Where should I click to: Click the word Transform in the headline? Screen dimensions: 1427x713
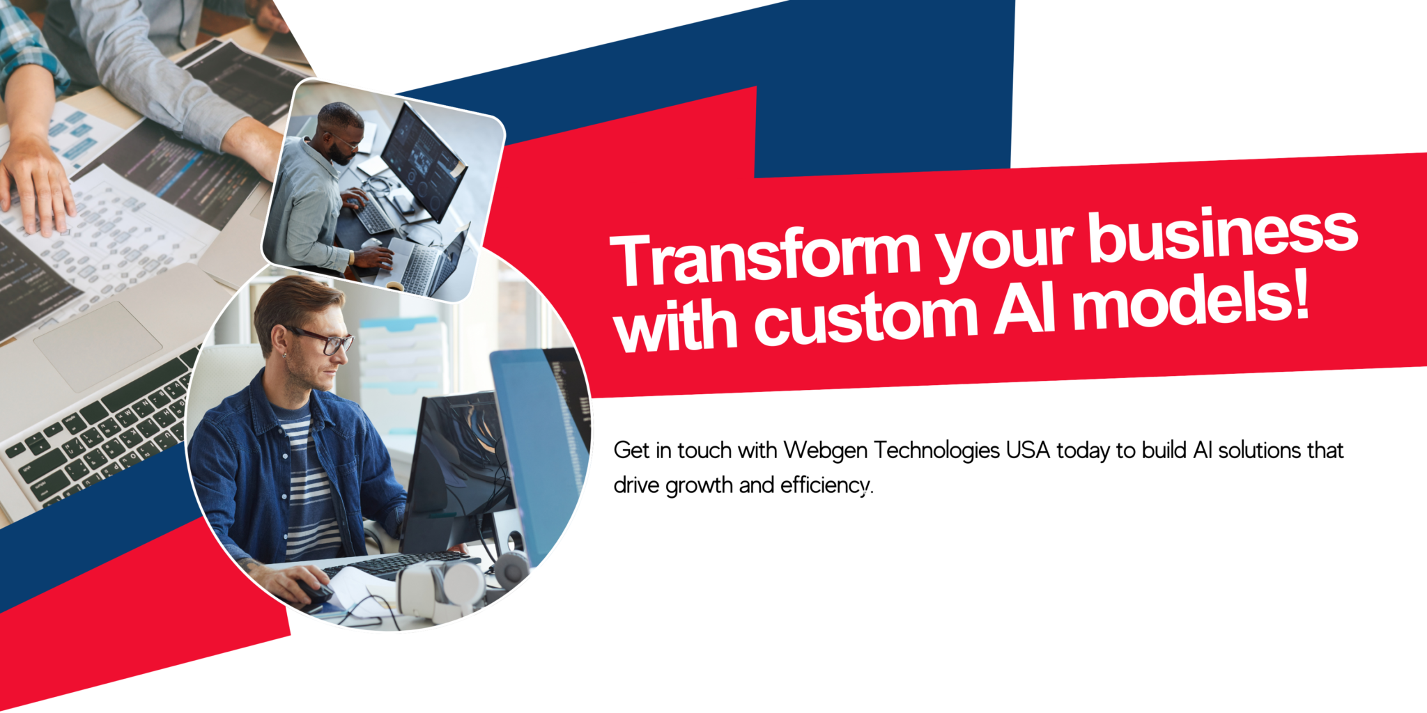[x=766, y=257]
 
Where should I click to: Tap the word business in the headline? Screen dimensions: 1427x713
[x=1224, y=236]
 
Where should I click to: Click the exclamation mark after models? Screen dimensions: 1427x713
[x=1300, y=295]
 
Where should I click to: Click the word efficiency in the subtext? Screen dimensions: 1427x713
[x=825, y=485]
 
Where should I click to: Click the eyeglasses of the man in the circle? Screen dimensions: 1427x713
[x=324, y=340]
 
